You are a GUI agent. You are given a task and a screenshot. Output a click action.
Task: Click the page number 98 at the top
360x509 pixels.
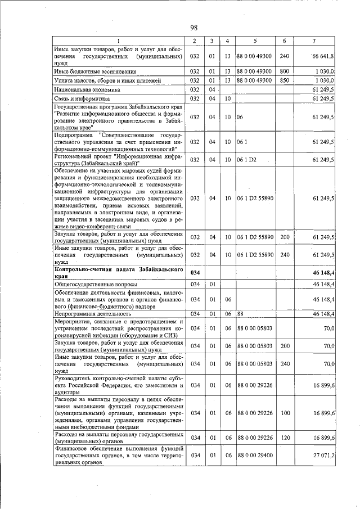click(193, 28)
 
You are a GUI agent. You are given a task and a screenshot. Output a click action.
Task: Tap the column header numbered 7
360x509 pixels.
click(314, 41)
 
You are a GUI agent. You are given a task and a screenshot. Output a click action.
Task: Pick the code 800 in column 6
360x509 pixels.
click(284, 71)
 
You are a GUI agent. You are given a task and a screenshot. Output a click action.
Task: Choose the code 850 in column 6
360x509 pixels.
click(284, 80)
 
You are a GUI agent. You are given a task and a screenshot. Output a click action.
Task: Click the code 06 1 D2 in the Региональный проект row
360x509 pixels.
click(246, 160)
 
